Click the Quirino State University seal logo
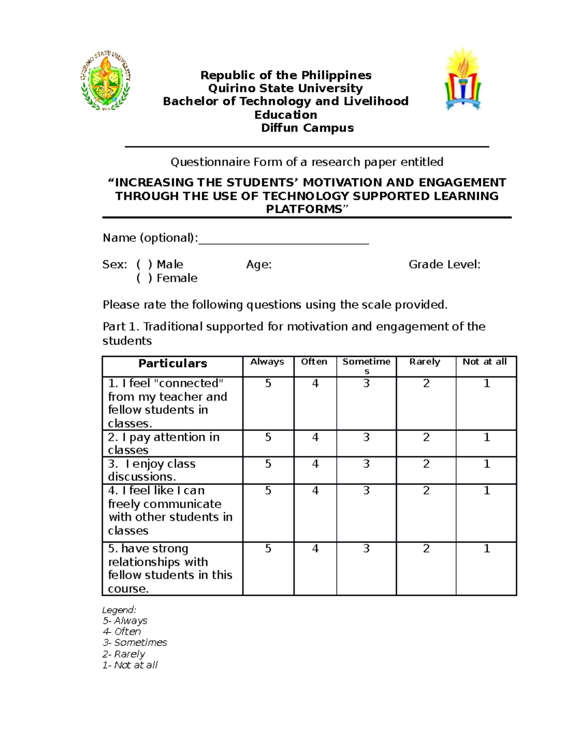pos(105,80)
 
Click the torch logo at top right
pos(463,80)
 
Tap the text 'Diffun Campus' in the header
pos(307,128)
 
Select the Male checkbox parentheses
pos(144,265)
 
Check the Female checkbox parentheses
pos(144,278)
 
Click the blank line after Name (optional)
pos(284,239)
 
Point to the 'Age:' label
pos(259,265)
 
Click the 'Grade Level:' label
pos(444,265)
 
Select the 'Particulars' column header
pos(173,364)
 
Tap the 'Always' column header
pos(267,362)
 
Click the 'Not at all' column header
pos(484,362)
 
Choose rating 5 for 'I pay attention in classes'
pos(268,437)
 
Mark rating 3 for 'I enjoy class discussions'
pos(366,464)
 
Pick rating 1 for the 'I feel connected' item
pos(487,383)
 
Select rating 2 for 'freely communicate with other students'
pos(426,490)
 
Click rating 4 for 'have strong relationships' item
pos(315,548)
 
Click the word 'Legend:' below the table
pos(119,610)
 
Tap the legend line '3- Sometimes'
pos(135,643)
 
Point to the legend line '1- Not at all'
pos(130,665)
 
